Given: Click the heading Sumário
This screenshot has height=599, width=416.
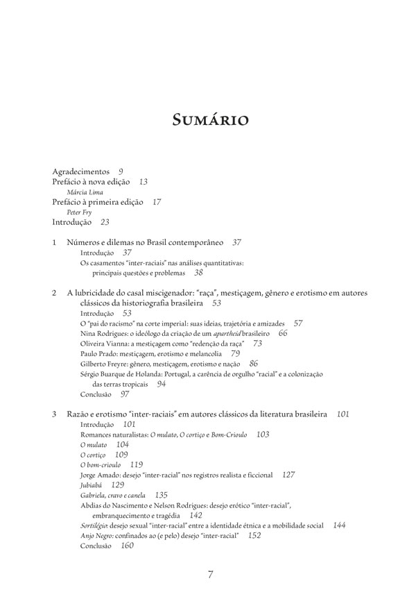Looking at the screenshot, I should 207,122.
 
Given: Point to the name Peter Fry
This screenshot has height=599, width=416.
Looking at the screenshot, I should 79,212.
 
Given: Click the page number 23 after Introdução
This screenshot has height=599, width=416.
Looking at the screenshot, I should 105,223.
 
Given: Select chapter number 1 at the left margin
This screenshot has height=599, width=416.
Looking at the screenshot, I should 55,243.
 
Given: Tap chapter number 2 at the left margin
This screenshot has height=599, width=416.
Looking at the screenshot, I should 55,294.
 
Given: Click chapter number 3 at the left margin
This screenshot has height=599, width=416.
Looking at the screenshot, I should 55,414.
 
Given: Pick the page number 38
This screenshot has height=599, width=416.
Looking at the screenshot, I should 198,273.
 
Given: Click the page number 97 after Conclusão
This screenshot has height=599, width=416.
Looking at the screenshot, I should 125,394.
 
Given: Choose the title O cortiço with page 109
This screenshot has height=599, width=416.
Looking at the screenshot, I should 94,454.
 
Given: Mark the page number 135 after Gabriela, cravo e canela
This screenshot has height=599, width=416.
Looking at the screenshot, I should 161,495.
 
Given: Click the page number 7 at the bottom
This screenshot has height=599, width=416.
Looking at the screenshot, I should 210,574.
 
